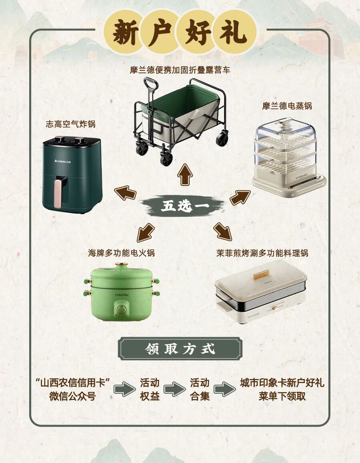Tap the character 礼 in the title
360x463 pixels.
(233, 32)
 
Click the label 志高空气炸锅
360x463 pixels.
(70, 124)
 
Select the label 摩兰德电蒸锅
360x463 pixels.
(287, 106)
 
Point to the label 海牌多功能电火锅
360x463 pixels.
(121, 253)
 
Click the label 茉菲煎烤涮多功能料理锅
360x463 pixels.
(262, 253)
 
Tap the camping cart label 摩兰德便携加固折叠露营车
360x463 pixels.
(180, 70)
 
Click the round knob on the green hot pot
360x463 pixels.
(121, 309)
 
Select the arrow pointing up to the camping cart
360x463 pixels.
(185, 174)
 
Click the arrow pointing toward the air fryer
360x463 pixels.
(125, 193)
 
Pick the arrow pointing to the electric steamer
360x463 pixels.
(240, 197)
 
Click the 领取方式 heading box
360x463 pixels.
(180, 349)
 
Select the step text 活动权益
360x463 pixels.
(150, 389)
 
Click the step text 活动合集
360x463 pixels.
(200, 389)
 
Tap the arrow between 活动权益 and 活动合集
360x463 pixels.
(174, 389)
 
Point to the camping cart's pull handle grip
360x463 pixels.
(151, 84)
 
